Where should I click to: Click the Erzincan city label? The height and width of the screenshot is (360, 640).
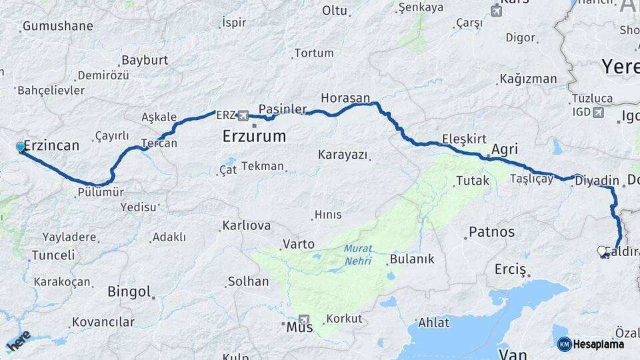click(x=51, y=145)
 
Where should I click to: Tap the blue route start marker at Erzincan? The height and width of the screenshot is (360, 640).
click(x=21, y=147)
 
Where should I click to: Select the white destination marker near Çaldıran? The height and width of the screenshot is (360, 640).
click(x=603, y=251)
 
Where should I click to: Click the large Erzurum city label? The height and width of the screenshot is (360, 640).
click(x=253, y=137)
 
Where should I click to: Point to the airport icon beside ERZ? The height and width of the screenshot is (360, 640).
click(x=243, y=115)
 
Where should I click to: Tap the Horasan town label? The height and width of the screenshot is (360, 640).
click(x=345, y=98)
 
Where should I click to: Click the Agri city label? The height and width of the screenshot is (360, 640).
click(x=505, y=149)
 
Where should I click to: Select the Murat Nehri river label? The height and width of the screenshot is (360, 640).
click(x=358, y=255)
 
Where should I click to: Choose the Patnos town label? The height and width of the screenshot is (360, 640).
click(x=492, y=232)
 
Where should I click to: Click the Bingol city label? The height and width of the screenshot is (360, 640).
click(x=129, y=291)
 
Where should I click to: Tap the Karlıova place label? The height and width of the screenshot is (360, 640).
click(x=247, y=225)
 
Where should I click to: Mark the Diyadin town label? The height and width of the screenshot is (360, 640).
click(x=597, y=180)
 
